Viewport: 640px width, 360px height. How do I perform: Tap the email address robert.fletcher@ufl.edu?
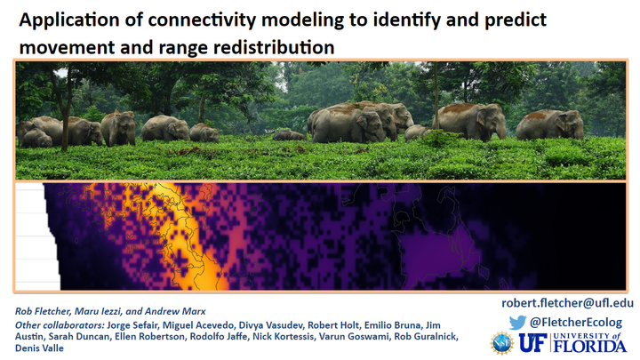point(567,303)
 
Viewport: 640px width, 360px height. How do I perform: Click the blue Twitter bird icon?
point(517,323)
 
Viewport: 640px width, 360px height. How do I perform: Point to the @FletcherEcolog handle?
point(576,323)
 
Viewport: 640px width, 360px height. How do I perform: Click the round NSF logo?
point(501,343)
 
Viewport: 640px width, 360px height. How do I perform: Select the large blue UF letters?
point(533,342)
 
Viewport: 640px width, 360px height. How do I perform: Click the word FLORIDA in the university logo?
point(590,346)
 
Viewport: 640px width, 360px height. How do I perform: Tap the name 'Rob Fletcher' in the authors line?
point(43,311)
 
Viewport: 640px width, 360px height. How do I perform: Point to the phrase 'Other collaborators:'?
point(60,325)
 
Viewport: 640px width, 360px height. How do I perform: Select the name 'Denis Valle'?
point(40,348)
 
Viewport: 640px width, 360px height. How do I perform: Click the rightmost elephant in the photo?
point(550,124)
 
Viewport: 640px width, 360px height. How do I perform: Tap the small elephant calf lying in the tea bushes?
point(290,135)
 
